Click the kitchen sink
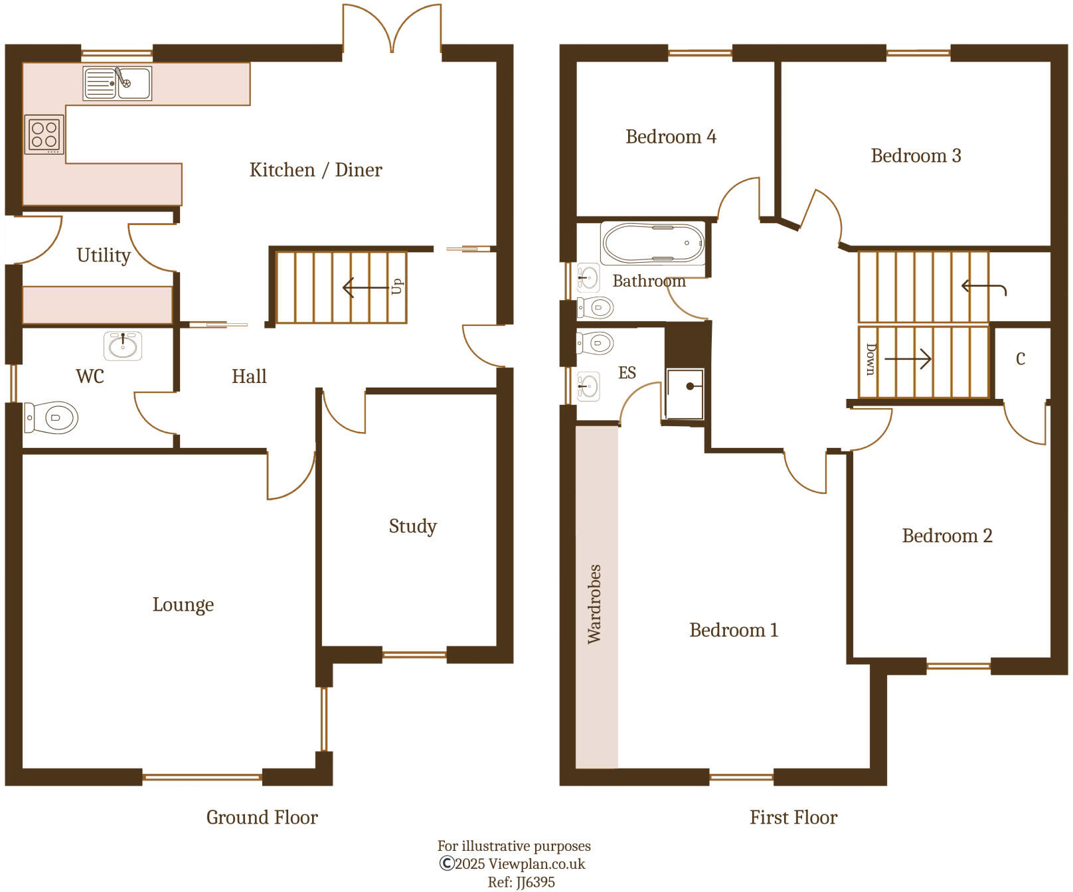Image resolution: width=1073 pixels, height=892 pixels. [118, 84]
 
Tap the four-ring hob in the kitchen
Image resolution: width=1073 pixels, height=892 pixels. [44, 134]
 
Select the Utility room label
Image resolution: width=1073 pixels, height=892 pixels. [104, 256]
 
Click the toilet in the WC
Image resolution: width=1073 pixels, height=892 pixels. [52, 418]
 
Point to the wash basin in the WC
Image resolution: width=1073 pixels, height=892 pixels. [123, 346]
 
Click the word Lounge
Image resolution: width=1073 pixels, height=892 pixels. [183, 605]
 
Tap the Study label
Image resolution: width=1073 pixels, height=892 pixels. [412, 526]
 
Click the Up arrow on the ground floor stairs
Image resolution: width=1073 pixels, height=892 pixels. [365, 288]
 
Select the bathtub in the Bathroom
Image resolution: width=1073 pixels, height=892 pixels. [653, 244]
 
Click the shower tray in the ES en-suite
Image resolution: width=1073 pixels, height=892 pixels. [685, 394]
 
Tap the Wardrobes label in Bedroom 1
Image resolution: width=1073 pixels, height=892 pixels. [594, 604]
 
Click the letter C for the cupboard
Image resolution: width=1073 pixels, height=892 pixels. [1021, 359]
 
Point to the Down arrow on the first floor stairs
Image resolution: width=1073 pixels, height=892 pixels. [907, 359]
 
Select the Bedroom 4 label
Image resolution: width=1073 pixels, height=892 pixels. [671, 137]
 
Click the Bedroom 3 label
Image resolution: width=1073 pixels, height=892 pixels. [916, 156]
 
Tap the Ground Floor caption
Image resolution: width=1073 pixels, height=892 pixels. [262, 817]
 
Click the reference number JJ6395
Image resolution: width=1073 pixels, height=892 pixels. [535, 882]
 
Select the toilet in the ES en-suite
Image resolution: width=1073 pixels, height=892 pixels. [595, 343]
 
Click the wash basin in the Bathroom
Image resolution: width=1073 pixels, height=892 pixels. [588, 277]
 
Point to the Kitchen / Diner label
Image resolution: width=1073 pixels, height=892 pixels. [315, 170]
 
